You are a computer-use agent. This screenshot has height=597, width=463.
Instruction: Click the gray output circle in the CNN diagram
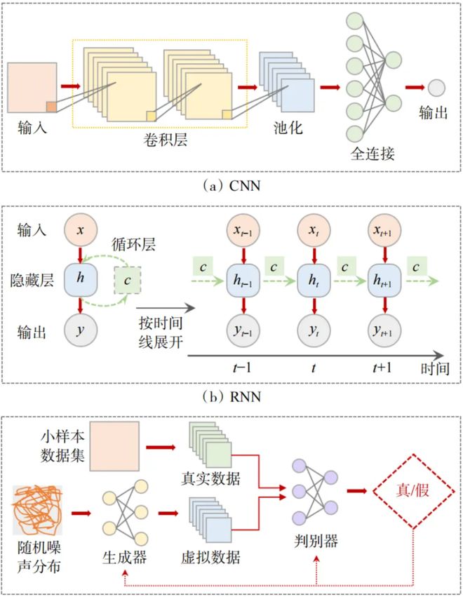click(x=436, y=88)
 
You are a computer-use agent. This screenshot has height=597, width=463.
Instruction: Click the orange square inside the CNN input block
click(x=51, y=107)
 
